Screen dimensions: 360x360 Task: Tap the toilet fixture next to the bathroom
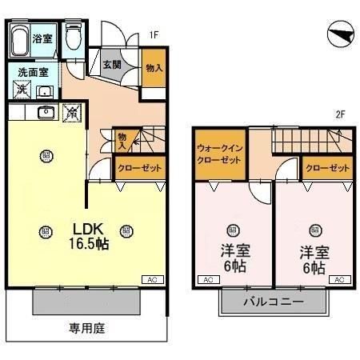[74, 37]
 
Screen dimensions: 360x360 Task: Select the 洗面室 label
[33, 71]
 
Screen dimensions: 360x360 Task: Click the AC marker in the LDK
[150, 278]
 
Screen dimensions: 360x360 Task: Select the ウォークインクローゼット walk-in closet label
[219, 154]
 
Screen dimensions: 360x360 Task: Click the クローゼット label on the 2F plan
[327, 169]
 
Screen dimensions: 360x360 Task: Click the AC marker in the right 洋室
[338, 278]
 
